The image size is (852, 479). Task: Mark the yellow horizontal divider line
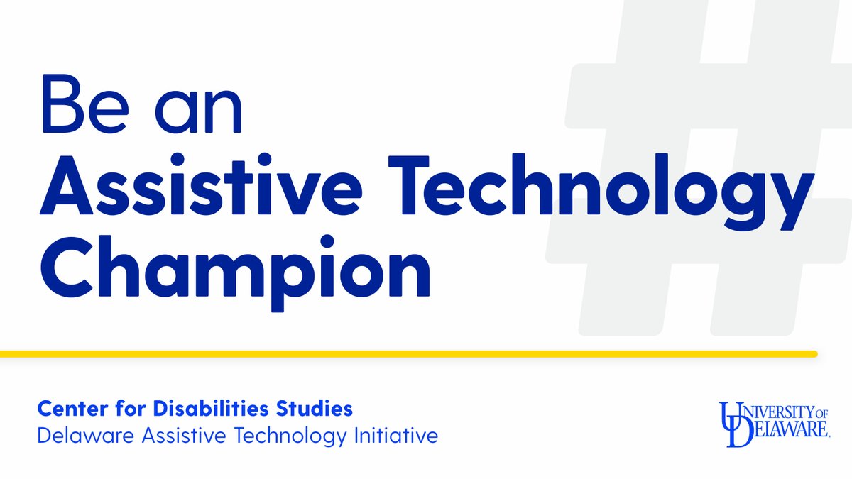[x=408, y=353]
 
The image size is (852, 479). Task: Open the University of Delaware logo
[x=775, y=424]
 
